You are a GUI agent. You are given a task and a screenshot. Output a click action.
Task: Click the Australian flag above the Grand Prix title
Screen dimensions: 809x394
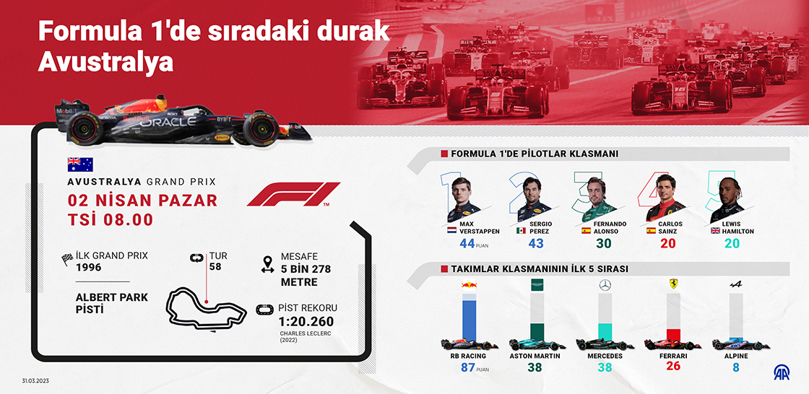[x=80, y=165]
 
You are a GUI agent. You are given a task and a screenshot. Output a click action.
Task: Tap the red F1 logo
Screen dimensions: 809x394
[x=293, y=194]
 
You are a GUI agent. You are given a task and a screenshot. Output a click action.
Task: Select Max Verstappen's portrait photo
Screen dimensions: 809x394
[x=463, y=200]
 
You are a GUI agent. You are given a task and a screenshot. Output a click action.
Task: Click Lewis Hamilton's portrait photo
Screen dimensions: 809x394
[x=727, y=200]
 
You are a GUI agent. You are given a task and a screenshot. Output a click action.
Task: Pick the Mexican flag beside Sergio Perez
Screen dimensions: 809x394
[x=521, y=231]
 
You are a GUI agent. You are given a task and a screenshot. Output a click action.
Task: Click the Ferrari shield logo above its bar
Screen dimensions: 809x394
[x=672, y=284]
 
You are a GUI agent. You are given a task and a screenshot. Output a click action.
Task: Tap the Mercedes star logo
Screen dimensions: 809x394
[x=605, y=284]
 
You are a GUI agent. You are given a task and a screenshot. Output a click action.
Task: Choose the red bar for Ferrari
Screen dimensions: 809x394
[x=672, y=335]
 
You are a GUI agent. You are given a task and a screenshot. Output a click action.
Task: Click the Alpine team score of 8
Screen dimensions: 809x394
[x=736, y=368]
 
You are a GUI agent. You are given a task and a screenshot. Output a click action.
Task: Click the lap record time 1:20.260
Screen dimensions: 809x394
[x=306, y=322]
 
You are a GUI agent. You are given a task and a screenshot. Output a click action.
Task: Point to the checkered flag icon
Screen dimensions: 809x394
[x=66, y=259]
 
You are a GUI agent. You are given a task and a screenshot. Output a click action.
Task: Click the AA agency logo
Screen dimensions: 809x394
[x=781, y=372]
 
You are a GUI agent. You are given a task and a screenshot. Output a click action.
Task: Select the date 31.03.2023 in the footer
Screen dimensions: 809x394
[x=35, y=381]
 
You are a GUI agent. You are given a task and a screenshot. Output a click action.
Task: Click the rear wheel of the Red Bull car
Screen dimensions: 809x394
[x=86, y=128]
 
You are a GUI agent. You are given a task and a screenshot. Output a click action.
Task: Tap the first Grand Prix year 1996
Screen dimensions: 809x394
[x=89, y=267]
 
